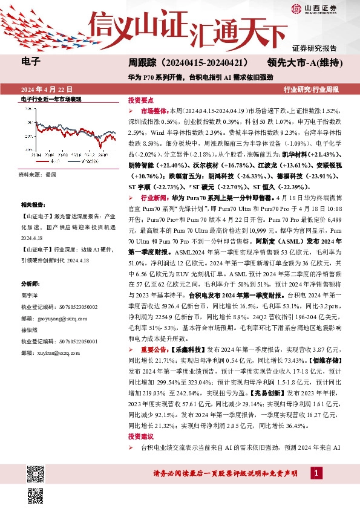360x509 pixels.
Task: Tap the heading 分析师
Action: tap(30, 282)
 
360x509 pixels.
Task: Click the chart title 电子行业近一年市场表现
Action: tap(51, 98)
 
